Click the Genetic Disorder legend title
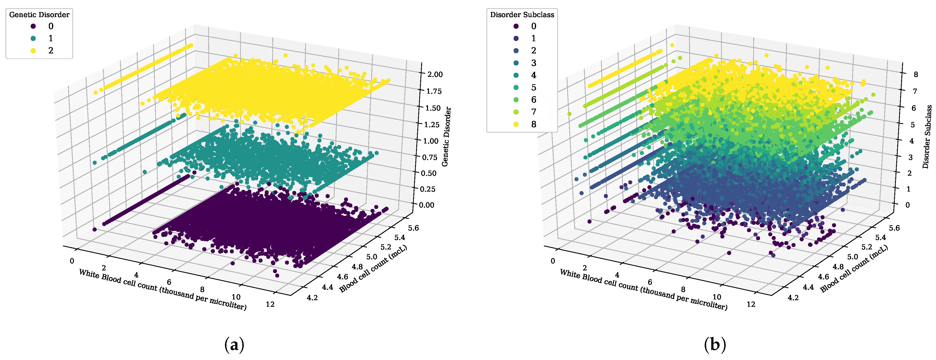tap(39, 15)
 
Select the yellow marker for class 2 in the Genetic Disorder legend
tap(33, 51)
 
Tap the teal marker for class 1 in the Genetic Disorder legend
tap(33, 38)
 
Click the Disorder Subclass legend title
tap(522, 15)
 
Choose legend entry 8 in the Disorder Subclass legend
tap(533, 124)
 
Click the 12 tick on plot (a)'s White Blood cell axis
tap(270, 304)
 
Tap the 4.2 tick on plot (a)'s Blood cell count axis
tap(312, 298)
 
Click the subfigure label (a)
tap(234, 344)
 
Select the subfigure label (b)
tap(715, 344)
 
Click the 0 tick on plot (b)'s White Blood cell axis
tap(553, 261)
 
